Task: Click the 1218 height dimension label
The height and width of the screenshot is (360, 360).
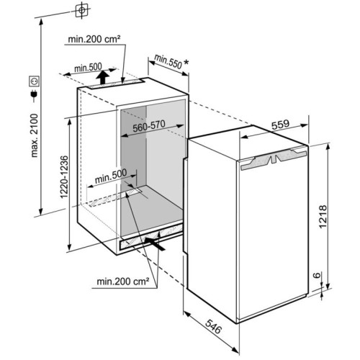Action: tap(323, 217)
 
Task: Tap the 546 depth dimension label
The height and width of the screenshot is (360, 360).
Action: tap(213, 326)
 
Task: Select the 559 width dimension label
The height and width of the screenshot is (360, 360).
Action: tap(280, 125)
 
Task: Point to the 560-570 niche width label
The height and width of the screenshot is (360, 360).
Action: tap(149, 126)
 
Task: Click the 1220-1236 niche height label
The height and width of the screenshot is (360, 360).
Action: tap(64, 177)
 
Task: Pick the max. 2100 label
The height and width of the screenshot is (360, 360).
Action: tap(35, 135)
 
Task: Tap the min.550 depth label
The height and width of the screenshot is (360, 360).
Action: tap(168, 61)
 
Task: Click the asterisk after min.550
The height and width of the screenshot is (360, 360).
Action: tap(186, 63)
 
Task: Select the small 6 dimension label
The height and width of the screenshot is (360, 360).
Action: tap(317, 275)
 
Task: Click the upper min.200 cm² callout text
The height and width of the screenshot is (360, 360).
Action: tap(94, 39)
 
